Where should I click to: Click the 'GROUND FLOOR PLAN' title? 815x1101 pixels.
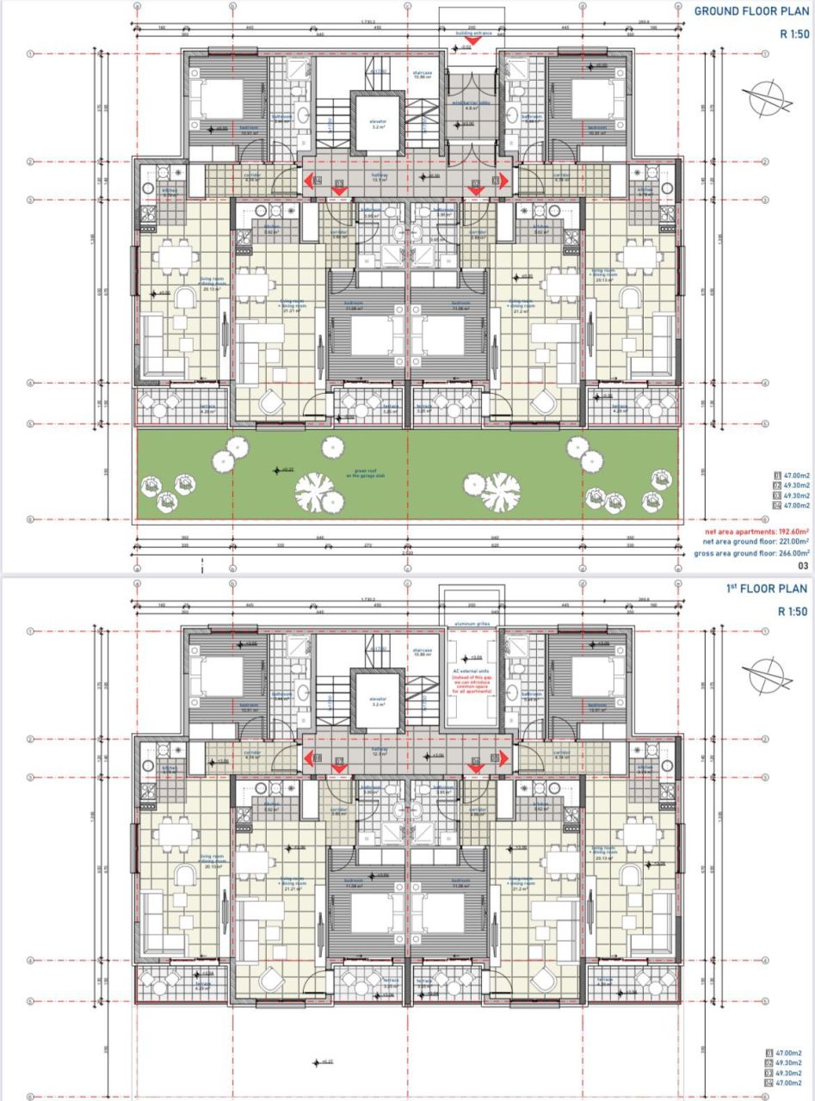[750, 11]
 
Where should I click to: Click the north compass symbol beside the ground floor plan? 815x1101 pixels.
[770, 100]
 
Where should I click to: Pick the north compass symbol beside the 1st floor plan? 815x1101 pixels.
[770, 677]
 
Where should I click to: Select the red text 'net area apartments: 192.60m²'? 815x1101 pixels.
[750, 532]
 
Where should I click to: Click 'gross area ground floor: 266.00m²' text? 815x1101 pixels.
[750, 553]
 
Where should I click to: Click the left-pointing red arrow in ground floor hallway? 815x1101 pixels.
[307, 181]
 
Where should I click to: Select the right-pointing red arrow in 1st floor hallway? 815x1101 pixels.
[503, 759]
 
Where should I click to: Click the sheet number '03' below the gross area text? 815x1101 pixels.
[802, 566]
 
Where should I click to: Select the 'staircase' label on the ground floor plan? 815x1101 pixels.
[423, 75]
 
